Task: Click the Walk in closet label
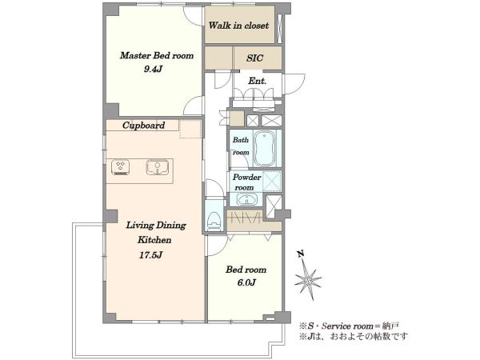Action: [238, 26]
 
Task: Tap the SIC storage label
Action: [254, 58]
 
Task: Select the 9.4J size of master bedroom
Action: [153, 69]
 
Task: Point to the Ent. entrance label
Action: [257, 81]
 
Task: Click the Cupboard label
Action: [143, 126]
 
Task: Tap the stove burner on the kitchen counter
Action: [121, 168]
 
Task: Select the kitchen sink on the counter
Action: [158, 167]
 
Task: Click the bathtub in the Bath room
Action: [265, 149]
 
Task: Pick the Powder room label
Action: [246, 182]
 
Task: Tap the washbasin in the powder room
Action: [246, 200]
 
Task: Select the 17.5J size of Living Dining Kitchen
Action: [150, 254]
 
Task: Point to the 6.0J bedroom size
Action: [246, 283]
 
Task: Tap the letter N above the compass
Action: [301, 254]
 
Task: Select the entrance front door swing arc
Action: [299, 82]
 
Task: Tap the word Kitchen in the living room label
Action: [154, 240]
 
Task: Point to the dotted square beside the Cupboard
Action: [190, 129]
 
